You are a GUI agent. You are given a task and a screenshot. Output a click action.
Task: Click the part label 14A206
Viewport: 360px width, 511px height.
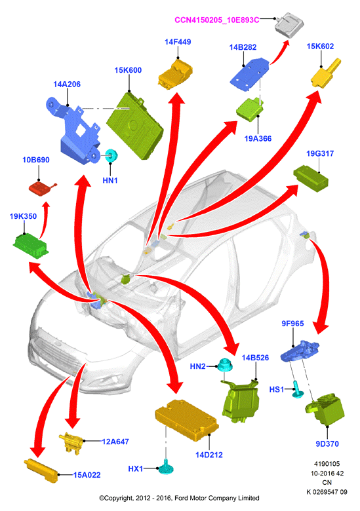(x=67, y=84)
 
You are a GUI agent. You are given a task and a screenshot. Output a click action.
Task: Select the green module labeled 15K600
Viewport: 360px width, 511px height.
(x=134, y=126)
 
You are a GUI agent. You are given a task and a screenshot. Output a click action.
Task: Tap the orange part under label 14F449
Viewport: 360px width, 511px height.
(x=175, y=73)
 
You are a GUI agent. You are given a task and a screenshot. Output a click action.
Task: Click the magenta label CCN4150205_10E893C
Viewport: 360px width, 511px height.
(x=217, y=20)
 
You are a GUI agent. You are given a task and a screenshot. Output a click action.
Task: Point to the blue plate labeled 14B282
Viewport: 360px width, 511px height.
(x=249, y=73)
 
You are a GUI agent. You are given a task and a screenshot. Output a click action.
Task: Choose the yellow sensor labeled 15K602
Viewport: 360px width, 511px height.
(x=325, y=73)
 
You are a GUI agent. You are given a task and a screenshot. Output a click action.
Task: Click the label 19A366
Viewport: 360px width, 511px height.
(x=258, y=138)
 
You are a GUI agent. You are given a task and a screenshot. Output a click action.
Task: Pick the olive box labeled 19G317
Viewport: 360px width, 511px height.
(x=311, y=179)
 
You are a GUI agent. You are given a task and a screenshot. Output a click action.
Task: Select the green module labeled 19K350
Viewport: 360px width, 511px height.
(x=30, y=245)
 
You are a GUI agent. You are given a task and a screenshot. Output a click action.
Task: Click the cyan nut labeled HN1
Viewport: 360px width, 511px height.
(x=111, y=155)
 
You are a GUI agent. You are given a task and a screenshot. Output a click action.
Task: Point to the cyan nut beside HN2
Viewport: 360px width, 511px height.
(x=225, y=365)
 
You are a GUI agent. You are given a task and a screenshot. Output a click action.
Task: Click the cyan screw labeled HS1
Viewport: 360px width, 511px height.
(x=297, y=389)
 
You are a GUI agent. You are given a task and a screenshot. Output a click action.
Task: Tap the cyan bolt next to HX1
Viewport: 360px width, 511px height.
(x=166, y=466)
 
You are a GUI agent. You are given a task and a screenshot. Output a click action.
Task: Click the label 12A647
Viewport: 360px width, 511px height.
(x=115, y=442)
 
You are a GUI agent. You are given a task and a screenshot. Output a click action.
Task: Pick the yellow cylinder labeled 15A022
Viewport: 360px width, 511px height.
(x=41, y=470)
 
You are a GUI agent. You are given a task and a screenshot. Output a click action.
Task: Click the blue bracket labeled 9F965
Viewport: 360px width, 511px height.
(x=300, y=350)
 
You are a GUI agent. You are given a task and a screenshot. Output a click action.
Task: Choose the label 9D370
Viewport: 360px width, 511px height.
(x=327, y=444)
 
